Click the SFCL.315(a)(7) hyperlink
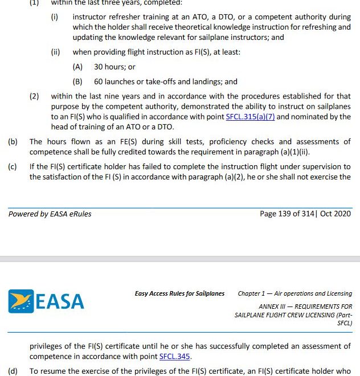[250, 117]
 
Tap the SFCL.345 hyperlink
[175, 357]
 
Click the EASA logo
[46, 301]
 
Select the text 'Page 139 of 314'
[287, 214]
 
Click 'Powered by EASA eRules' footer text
[50, 214]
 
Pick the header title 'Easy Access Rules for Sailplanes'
[179, 294]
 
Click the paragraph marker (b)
[13, 142]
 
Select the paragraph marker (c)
[13, 167]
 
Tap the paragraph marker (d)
[13, 371]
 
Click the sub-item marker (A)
[77, 67]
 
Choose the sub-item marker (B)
[77, 81]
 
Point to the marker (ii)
[55, 52]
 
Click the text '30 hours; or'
[114, 67]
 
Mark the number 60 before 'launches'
[99, 81]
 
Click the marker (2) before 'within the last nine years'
[34, 96]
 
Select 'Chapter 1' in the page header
[252, 294]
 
